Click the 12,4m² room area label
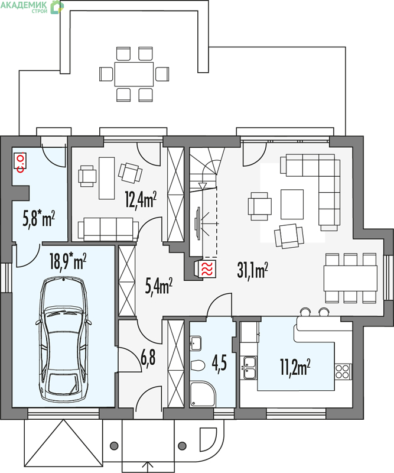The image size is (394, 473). tap(141, 200)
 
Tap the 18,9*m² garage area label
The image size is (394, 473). tap(68, 261)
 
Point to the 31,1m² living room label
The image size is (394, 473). tap(253, 270)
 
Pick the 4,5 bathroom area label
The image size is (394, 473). tap(219, 363)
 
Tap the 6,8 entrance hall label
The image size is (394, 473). tap(148, 358)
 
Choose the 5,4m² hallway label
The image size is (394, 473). tap(159, 286)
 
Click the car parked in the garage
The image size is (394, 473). tap(63, 340)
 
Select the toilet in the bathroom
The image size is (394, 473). tap(198, 365)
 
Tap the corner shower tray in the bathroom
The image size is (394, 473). tap(203, 394)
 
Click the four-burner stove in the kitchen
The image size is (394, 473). tap(343, 371)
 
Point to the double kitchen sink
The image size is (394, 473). tap(250, 367)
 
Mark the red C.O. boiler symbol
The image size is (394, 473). tap(20, 162)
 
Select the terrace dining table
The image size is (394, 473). tap(134, 74)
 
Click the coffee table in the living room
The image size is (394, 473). tap(292, 204)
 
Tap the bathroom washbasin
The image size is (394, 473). tap(196, 344)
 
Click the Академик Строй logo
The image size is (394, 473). tap(32, 7)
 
